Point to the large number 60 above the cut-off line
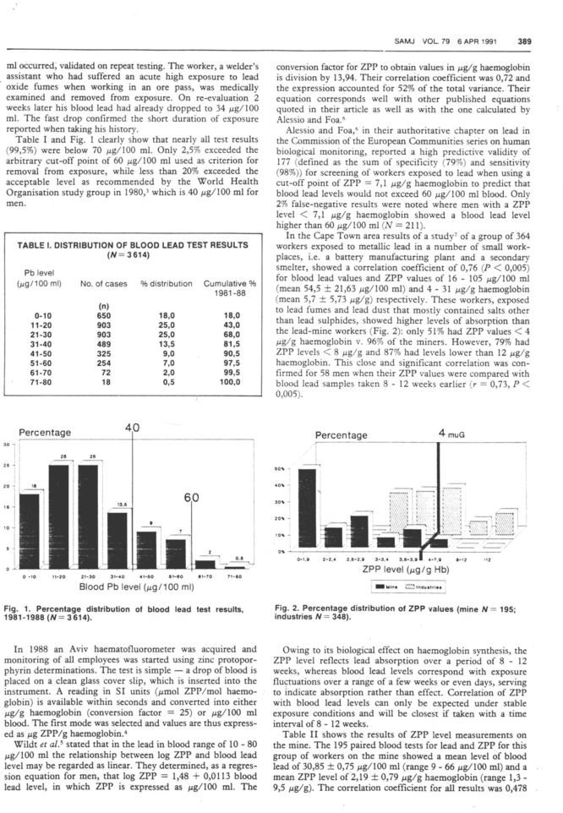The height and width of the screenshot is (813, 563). [x=194, y=499]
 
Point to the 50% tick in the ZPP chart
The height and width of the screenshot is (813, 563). [x=282, y=468]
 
